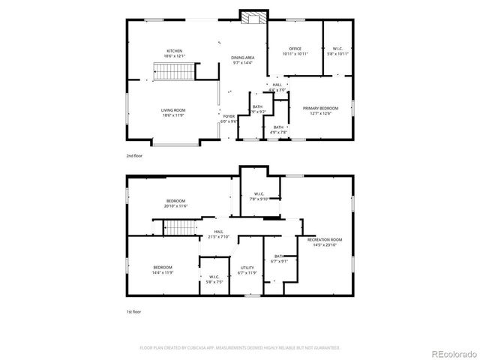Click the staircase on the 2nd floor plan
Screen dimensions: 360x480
click(x=175, y=72)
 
